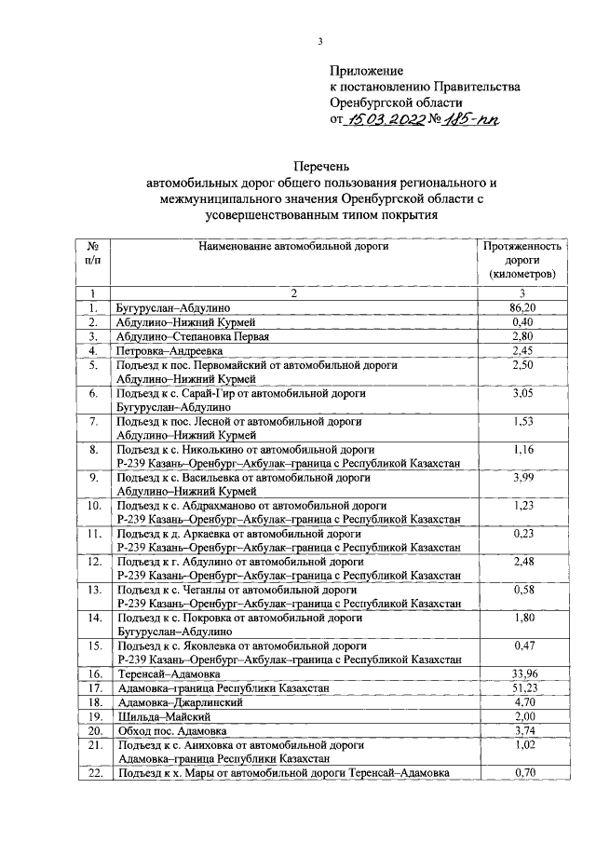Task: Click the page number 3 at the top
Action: pos(319,41)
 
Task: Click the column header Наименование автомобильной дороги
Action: pos(292,246)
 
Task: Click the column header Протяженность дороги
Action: pos(521,260)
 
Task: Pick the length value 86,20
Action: pos(521,306)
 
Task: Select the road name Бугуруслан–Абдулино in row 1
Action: pos(173,307)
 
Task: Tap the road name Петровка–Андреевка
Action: pos(169,350)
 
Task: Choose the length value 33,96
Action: pos(521,673)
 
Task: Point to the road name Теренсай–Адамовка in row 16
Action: pos(168,673)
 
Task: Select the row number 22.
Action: pos(93,773)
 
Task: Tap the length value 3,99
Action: pos(521,477)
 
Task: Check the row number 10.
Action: pos(93,506)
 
